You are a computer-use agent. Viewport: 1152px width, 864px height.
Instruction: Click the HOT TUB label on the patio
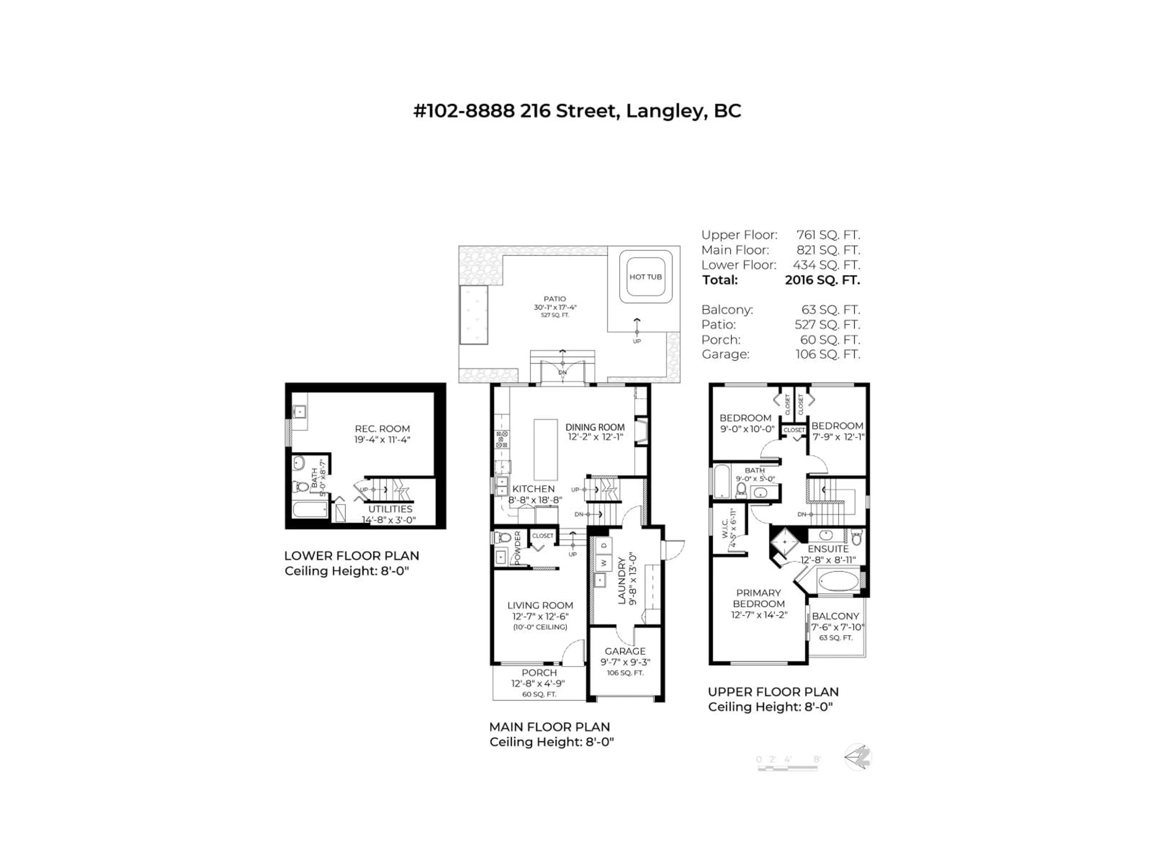[x=645, y=277]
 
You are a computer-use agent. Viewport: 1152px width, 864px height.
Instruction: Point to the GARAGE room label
[x=625, y=652]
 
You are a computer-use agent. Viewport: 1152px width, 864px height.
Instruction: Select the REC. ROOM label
[x=382, y=429]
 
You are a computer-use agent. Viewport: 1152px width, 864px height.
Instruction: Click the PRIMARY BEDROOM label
[x=758, y=598]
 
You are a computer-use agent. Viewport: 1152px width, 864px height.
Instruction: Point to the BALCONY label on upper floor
[x=835, y=616]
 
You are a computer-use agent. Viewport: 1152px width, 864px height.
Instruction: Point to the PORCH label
[x=539, y=673]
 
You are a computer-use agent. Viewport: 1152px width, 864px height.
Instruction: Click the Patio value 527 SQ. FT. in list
[x=827, y=325]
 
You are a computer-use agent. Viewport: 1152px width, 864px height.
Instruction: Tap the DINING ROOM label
[x=595, y=427]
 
